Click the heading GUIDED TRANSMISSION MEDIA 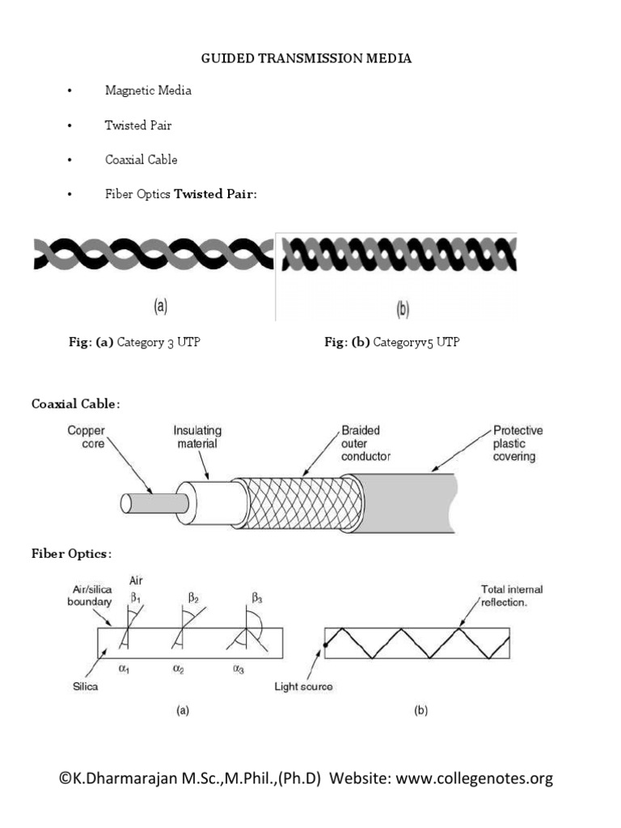pos(306,59)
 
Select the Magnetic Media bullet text pos(148,91)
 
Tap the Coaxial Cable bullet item pos(141,160)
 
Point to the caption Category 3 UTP pos(158,343)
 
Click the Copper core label pos(86,438)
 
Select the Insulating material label pos(197,437)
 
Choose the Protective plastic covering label pos(517,444)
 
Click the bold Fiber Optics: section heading pos(71,554)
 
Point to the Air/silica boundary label pos(89,597)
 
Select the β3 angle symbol pos(257,599)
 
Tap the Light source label pos(303,686)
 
